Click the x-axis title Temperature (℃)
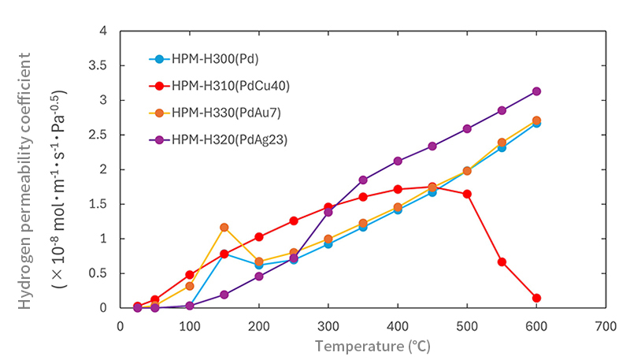click(373, 345)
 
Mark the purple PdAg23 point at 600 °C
click(536, 91)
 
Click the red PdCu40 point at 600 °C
click(536, 298)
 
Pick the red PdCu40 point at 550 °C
click(502, 262)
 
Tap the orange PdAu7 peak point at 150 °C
click(224, 228)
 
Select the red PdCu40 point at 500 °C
click(467, 194)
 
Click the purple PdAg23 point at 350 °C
click(363, 180)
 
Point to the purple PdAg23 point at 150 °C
click(224, 295)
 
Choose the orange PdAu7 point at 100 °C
click(190, 286)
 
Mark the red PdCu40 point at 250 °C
click(294, 221)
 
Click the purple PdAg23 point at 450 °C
click(432, 147)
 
